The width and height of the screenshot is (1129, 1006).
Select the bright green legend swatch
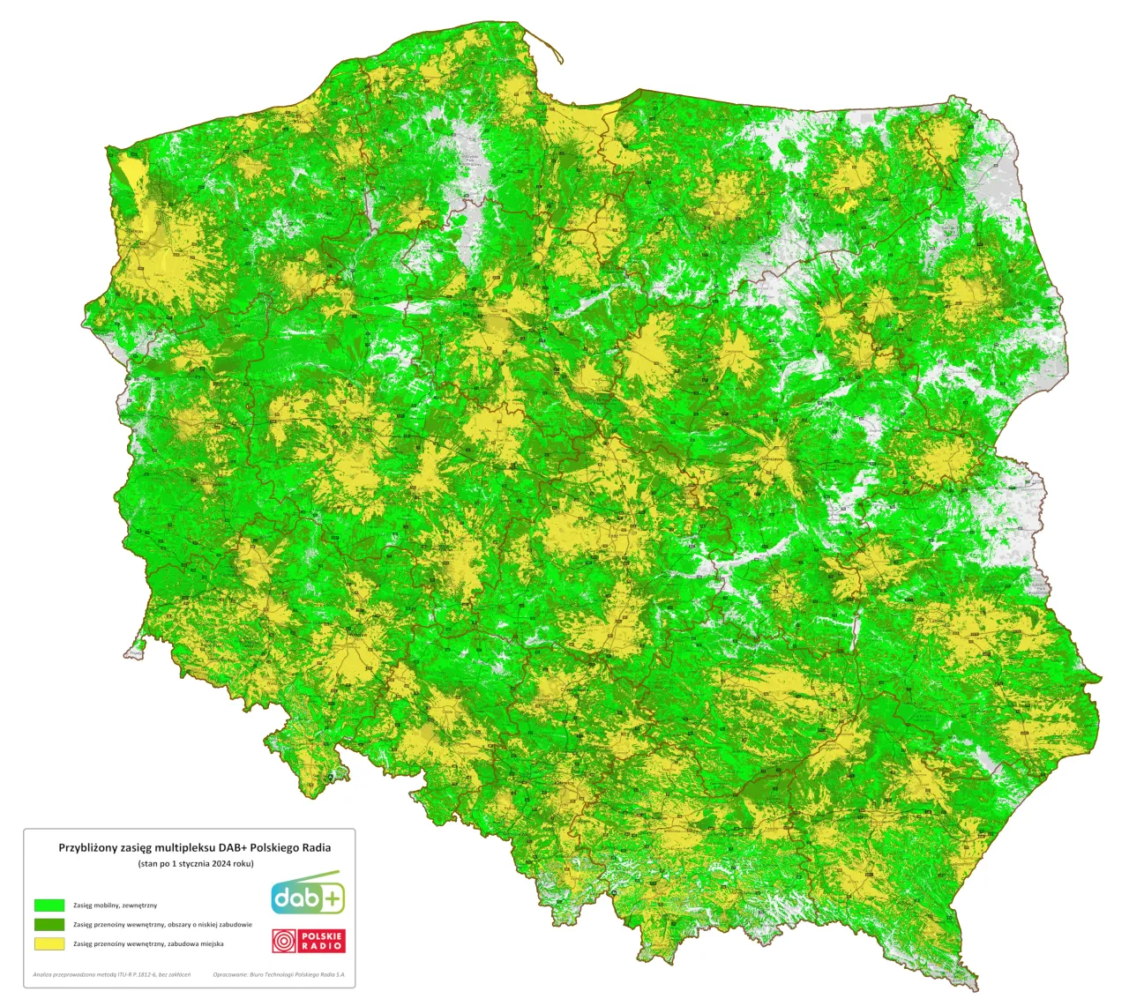click(49, 905)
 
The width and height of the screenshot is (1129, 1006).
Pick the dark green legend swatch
click(49, 924)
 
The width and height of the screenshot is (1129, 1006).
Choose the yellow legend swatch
click(49, 943)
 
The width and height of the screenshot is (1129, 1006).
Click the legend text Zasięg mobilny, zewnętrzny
click(115, 905)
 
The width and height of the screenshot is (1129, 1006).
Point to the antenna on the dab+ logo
click(322, 876)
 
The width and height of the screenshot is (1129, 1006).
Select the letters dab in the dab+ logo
click(295, 898)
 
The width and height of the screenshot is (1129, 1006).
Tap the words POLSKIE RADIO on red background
click(322, 942)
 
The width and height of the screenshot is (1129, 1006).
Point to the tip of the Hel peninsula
click(562, 61)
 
